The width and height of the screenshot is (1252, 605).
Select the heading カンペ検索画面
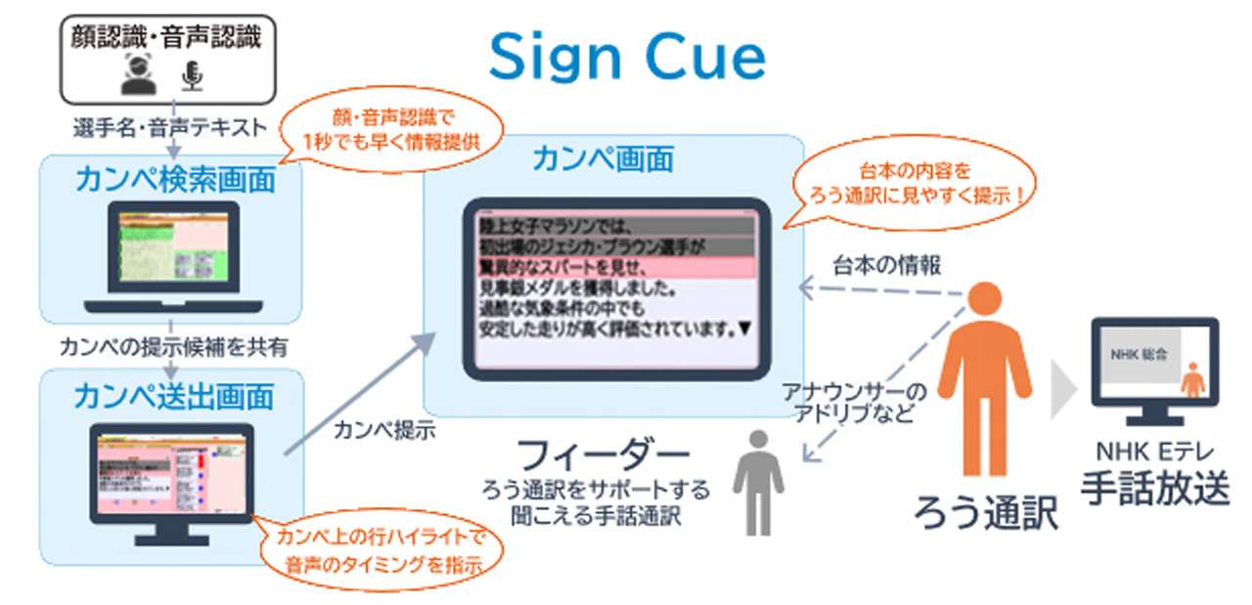point(172,180)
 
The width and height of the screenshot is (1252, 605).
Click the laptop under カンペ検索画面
point(172,250)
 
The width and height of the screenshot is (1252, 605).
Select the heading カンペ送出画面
point(172,396)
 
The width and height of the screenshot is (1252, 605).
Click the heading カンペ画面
point(603,158)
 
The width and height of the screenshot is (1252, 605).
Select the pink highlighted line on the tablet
point(616,267)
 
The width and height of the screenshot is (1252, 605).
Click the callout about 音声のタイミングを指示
point(380,550)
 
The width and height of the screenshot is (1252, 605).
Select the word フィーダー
point(602,455)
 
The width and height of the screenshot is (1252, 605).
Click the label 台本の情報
point(886,265)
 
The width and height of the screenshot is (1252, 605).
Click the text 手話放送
point(1155,487)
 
